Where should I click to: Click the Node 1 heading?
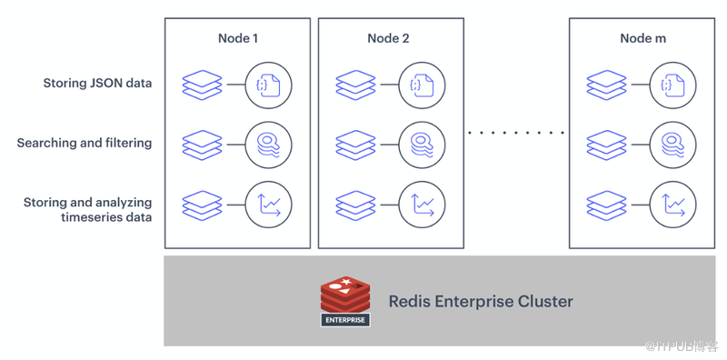(237, 38)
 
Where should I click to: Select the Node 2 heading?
(388, 38)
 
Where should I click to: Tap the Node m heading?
(642, 38)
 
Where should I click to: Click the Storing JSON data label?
(97, 83)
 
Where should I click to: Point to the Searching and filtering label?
(85, 143)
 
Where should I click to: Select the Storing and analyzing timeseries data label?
(88, 210)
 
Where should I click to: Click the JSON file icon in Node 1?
(268, 85)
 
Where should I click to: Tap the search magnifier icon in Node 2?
(422, 145)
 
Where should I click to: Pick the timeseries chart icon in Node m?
(673, 205)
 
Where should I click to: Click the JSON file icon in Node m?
(673, 85)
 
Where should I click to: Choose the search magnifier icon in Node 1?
(268, 145)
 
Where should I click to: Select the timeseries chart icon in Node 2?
(422, 205)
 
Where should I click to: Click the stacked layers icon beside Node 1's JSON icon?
(202, 85)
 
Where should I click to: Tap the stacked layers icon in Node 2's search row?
(355, 145)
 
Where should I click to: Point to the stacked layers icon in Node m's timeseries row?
(606, 205)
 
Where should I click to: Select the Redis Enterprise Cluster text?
(481, 302)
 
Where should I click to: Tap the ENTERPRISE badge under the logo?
(345, 320)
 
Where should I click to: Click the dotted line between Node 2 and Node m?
(516, 133)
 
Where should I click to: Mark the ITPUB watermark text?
(682, 345)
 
